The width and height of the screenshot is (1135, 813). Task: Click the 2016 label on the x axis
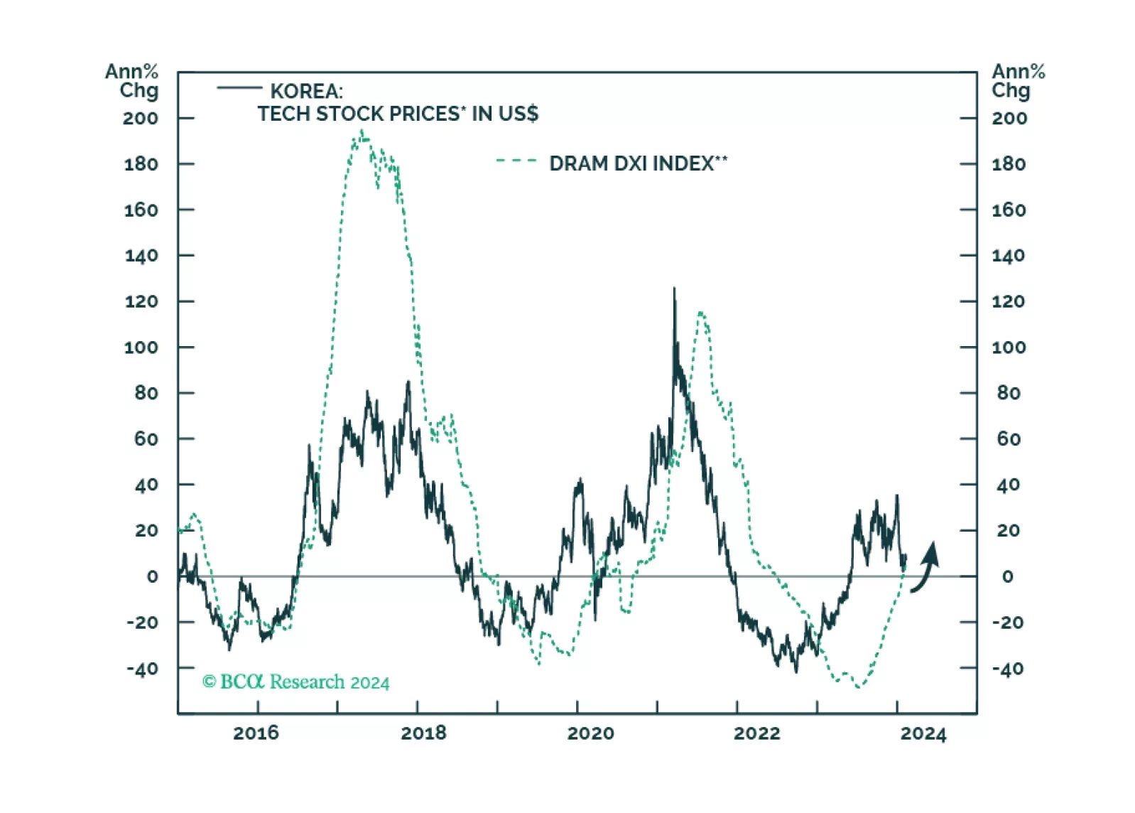click(x=256, y=733)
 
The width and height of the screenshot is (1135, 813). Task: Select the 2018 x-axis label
click(x=423, y=733)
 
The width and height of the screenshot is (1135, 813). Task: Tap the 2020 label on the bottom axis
click(x=590, y=733)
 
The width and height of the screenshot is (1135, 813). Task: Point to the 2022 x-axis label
click(x=756, y=733)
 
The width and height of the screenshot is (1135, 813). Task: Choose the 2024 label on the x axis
click(x=923, y=734)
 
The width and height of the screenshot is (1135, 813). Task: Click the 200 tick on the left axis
click(x=140, y=119)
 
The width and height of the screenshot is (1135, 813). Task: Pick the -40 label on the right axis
click(x=1008, y=669)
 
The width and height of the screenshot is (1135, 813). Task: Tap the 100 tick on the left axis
click(x=141, y=348)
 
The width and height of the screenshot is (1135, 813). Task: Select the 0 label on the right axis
click(x=1007, y=577)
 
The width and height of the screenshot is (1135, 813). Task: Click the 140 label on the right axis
click(x=1009, y=256)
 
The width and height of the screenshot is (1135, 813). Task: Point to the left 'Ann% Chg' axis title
click(x=132, y=81)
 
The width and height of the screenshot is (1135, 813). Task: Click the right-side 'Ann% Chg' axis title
click(x=1018, y=81)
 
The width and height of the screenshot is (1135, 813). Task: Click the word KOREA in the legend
click(x=306, y=92)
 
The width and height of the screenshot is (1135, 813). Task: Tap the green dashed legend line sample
click(x=516, y=161)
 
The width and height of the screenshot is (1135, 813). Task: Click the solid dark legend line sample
click(x=239, y=88)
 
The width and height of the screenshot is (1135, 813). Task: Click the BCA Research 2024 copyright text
click(x=296, y=682)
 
